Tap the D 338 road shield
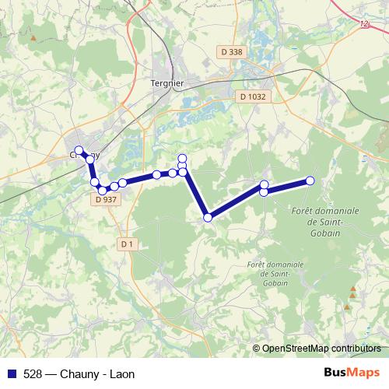click(232, 51)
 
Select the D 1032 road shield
click(251, 96)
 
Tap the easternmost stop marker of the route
click(310, 180)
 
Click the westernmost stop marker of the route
click(79, 150)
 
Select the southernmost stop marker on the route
click(208, 218)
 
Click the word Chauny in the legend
click(79, 374)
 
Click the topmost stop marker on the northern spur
click(183, 158)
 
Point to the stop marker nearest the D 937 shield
click(102, 190)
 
